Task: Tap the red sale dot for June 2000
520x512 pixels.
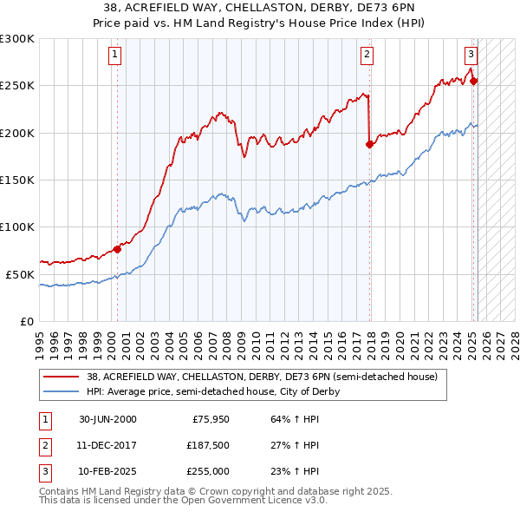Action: (118, 250)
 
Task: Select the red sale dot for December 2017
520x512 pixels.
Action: (370, 145)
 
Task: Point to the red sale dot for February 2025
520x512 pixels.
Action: (474, 82)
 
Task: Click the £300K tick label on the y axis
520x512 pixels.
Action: (17, 39)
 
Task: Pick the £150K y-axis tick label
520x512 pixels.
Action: (17, 180)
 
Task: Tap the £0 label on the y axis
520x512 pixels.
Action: (26, 321)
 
